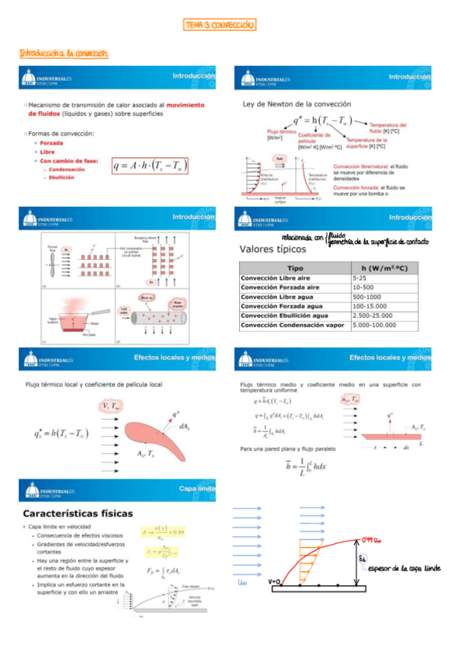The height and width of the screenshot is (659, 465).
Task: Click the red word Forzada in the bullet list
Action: pos(53,142)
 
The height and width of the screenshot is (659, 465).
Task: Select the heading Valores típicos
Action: pos(276,250)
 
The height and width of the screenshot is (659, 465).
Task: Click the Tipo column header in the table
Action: pos(295,267)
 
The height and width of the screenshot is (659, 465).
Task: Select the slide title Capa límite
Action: pos(196,488)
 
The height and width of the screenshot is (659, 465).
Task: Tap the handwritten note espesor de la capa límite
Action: pos(404,568)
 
